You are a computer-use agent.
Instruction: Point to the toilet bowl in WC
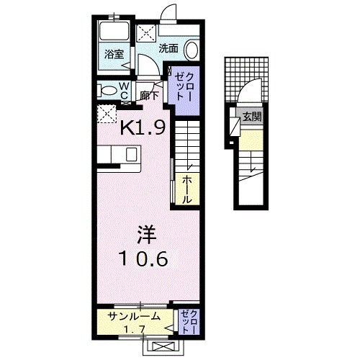coord(107,91)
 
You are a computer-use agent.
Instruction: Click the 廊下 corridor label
coord(149,94)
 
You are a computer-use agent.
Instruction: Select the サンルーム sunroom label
coord(134,316)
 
